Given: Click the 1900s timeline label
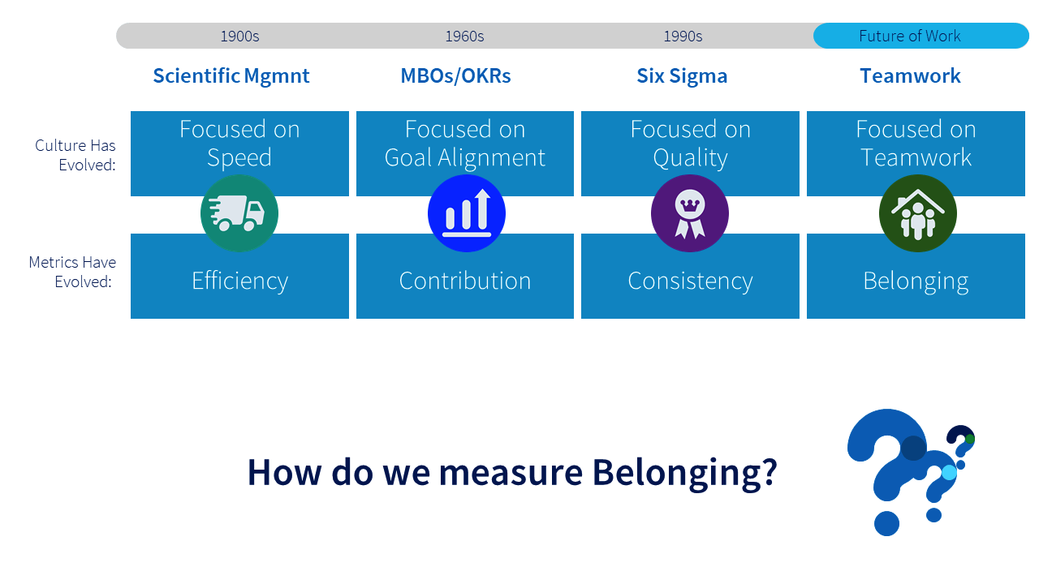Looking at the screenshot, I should [x=239, y=36].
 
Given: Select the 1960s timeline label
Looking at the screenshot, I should [x=464, y=36].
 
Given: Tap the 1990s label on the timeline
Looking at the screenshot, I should [x=683, y=36].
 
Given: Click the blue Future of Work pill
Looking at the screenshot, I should [x=920, y=36].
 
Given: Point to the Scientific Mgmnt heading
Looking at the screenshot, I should [x=231, y=76].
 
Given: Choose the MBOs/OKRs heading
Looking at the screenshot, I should [x=455, y=76].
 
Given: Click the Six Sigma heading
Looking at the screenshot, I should [x=682, y=76].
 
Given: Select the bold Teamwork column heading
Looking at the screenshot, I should [x=910, y=76].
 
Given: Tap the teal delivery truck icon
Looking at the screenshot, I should [x=239, y=214].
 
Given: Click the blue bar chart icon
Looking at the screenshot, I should [x=467, y=214].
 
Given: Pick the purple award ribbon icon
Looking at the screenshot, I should [x=690, y=214].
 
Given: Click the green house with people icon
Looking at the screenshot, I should [x=918, y=214].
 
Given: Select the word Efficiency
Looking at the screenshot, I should [x=239, y=281].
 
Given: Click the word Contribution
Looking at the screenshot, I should [x=465, y=281].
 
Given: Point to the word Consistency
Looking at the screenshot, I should [x=690, y=281].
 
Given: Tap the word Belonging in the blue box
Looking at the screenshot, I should [x=916, y=281].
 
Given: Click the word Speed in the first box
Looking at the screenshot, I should [x=239, y=157].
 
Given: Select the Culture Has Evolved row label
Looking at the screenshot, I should [x=75, y=155].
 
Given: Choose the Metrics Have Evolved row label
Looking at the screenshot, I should [x=72, y=272].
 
